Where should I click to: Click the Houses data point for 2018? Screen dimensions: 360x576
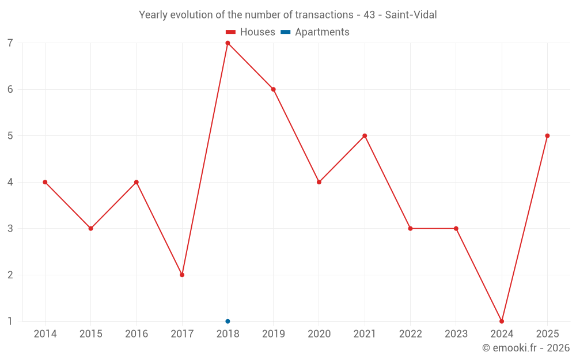click(228, 43)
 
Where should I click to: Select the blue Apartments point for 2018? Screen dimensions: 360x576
click(228, 321)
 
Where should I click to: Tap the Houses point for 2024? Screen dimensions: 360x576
click(502, 321)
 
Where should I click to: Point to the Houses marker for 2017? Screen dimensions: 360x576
click(182, 275)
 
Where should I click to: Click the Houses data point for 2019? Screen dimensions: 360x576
click(274, 89)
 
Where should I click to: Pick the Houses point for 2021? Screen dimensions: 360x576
click(365, 136)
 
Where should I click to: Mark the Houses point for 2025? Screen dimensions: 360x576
click(547, 136)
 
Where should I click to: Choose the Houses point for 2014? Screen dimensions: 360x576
click(45, 182)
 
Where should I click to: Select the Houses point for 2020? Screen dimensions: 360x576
click(319, 182)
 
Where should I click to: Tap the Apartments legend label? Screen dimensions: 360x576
click(322, 32)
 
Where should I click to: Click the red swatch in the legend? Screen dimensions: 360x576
click(230, 32)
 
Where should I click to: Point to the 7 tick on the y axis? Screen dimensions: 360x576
click(10, 43)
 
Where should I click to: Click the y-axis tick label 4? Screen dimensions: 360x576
click(10, 182)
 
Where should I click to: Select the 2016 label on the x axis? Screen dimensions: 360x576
click(137, 334)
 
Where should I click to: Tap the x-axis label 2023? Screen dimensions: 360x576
click(456, 334)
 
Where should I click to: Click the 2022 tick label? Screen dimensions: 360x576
click(410, 334)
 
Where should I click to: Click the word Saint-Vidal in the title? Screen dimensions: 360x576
click(411, 15)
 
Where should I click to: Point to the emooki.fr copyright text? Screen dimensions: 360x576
click(525, 348)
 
